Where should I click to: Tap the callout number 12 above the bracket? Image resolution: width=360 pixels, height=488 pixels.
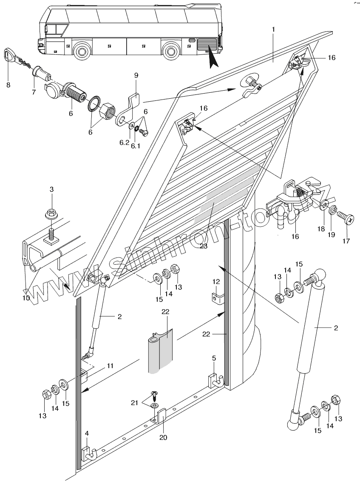tap(216, 281)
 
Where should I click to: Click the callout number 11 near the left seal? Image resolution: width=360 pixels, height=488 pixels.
tap(110, 365)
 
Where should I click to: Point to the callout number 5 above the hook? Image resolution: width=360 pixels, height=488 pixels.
tap(214, 358)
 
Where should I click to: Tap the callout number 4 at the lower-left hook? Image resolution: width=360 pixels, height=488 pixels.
tap(87, 434)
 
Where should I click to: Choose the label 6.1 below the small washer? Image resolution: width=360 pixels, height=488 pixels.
tap(136, 146)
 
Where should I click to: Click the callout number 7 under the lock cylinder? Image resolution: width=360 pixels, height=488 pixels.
tap(34, 91)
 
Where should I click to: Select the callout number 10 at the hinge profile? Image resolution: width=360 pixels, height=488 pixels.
tap(26, 298)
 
